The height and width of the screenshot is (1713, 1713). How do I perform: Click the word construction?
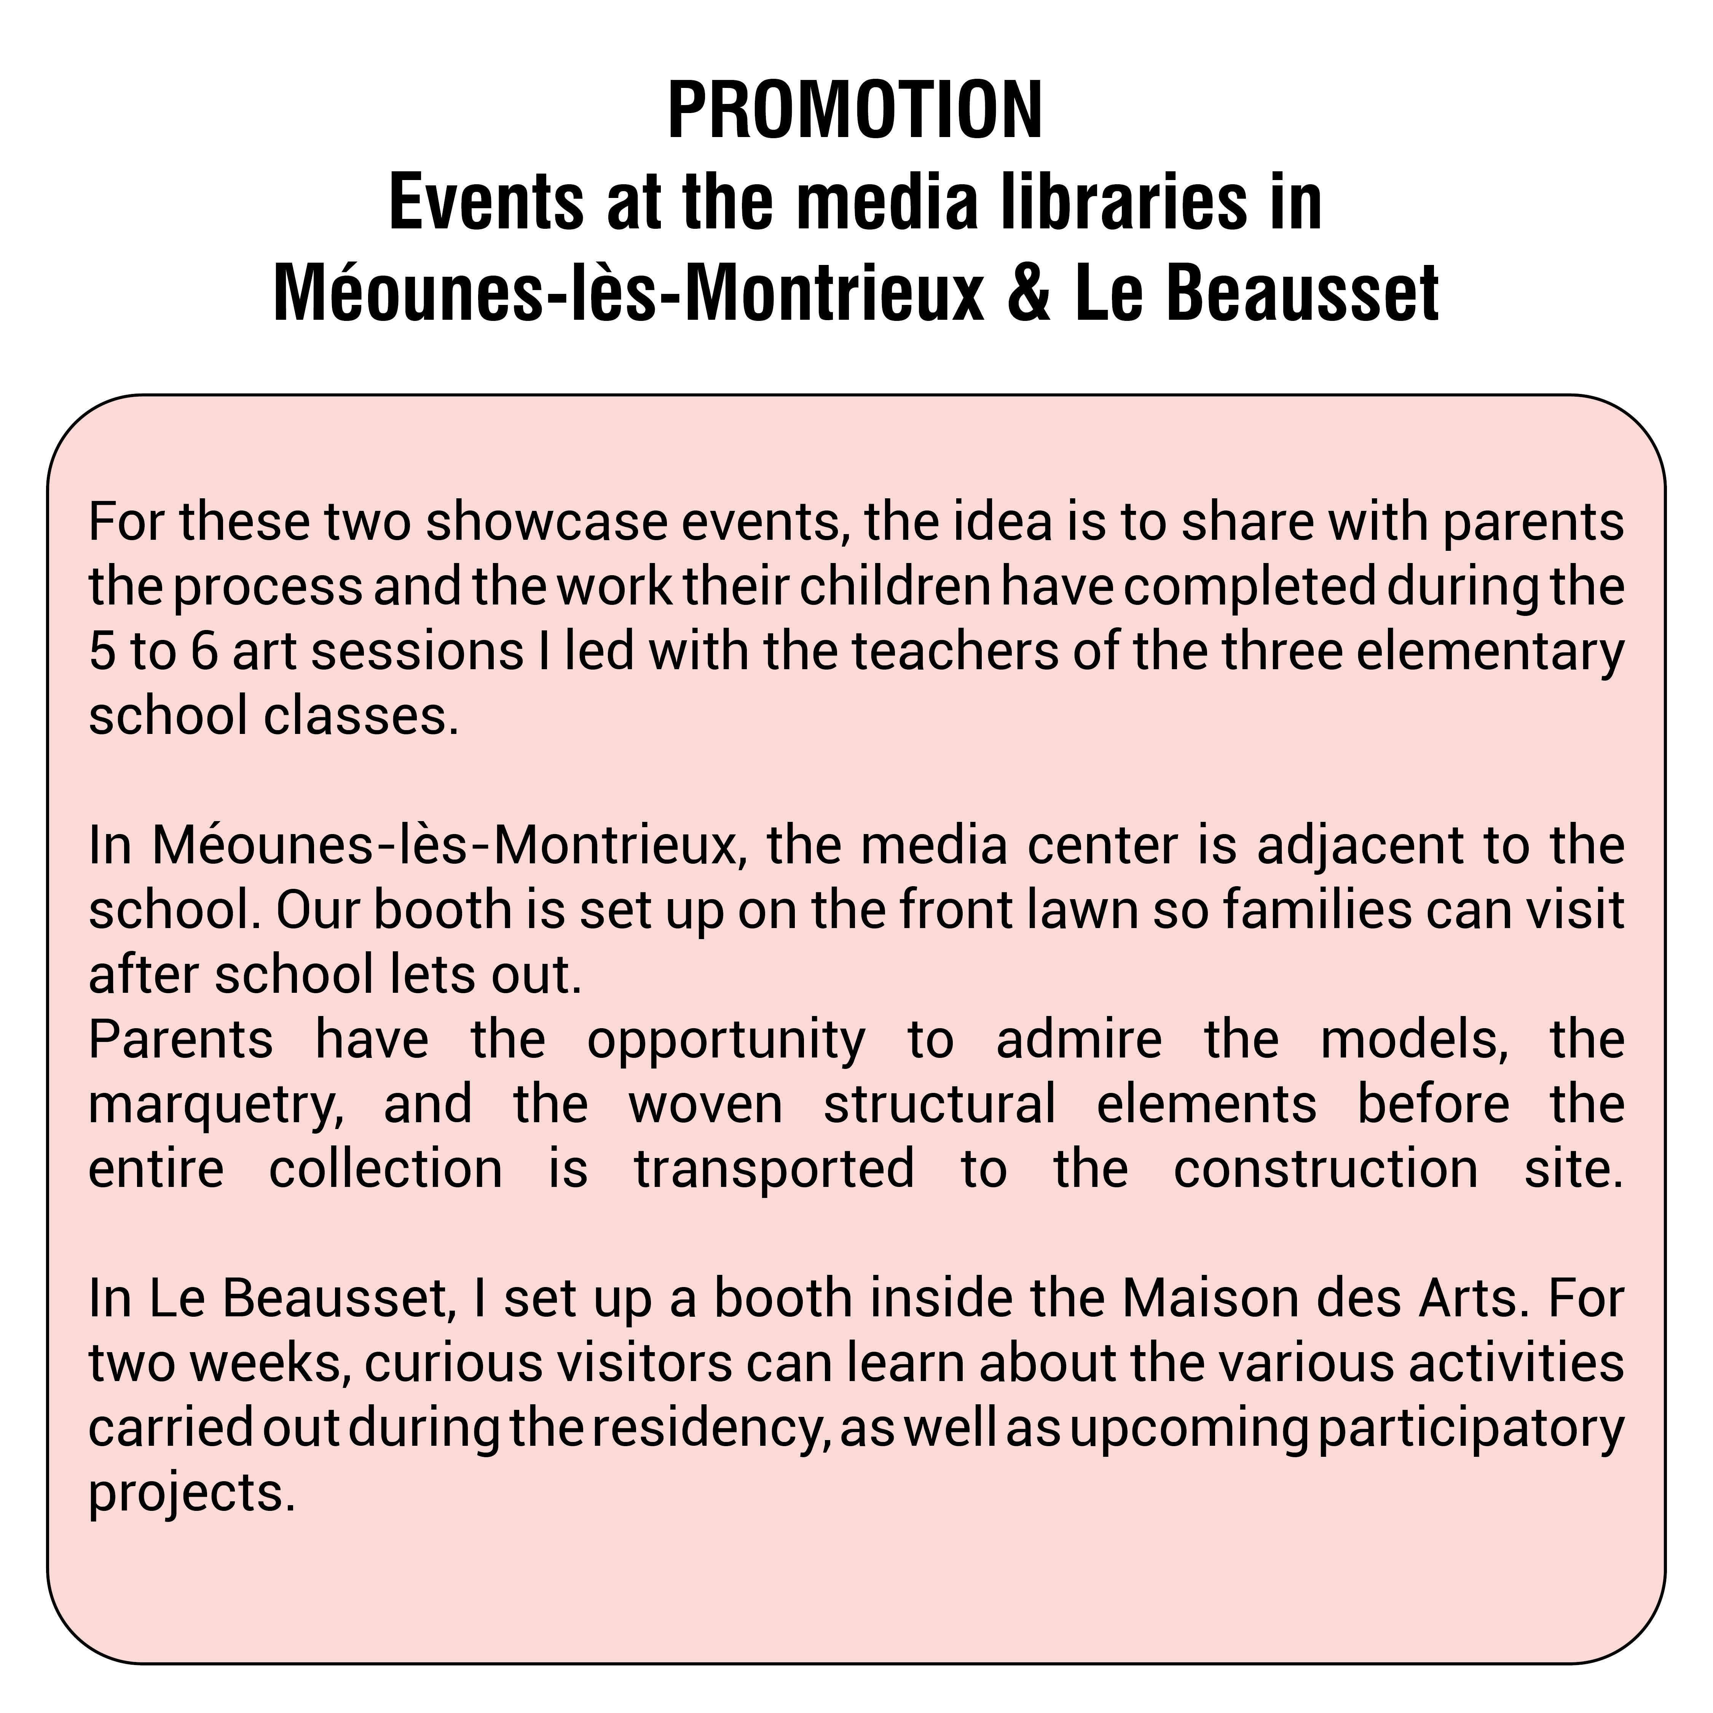[x=1325, y=1169]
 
